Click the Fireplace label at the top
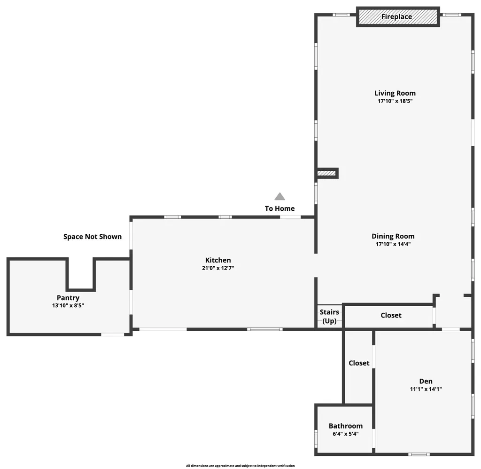(396, 17)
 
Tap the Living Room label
(395, 93)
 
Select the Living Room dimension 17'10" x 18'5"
(395, 101)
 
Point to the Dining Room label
(393, 236)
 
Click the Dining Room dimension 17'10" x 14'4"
(393, 244)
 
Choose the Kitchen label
(218, 260)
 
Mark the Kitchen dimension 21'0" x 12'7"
(218, 268)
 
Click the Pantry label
(68, 298)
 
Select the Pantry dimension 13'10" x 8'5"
(68, 305)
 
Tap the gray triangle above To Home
(280, 197)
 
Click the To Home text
(279, 208)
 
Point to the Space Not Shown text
(93, 237)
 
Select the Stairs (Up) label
(329, 317)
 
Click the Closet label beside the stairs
(391, 315)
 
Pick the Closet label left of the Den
(359, 363)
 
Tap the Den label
(426, 381)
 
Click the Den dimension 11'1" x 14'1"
(426, 389)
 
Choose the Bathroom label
(345, 426)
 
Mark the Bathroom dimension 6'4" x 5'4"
(345, 434)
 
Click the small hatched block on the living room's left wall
(327, 173)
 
